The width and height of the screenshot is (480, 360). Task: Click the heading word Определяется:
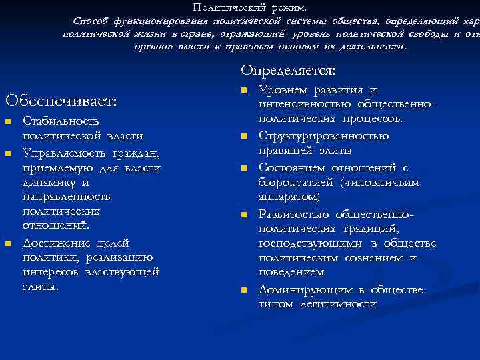click(289, 70)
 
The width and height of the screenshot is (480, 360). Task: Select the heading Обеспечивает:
click(61, 101)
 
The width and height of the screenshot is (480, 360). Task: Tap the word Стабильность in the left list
click(61, 121)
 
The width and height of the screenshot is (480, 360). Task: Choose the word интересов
click(51, 273)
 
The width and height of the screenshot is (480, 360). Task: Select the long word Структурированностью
click(323, 136)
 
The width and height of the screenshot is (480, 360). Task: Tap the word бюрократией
click(294, 182)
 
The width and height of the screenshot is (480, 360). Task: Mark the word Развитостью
click(293, 214)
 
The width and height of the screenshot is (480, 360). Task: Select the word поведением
click(291, 273)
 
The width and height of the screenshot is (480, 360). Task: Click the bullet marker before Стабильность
click(8, 121)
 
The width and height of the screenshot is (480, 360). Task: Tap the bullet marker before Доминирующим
click(244, 290)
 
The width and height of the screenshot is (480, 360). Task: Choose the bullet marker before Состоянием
click(244, 167)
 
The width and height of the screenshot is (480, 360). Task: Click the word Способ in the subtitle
click(92, 21)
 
